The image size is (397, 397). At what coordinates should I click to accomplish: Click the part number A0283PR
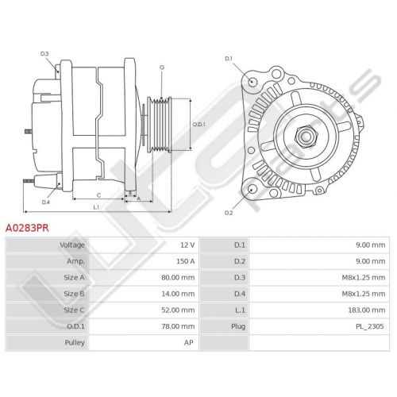coord(27,228)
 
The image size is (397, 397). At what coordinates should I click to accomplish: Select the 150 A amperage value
coord(185,261)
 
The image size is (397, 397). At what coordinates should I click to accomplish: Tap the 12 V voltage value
coord(187,245)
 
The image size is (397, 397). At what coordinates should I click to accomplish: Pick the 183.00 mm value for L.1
coord(367,310)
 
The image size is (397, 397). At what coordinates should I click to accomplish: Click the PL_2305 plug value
coord(370,326)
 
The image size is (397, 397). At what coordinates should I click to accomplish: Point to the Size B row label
coord(74,294)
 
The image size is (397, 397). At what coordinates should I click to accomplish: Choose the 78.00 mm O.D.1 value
coord(178,326)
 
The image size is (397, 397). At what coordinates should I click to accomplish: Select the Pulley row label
coord(75,342)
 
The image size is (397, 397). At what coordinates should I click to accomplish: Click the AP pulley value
coord(189,342)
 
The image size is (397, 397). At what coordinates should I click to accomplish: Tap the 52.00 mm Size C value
coord(178,310)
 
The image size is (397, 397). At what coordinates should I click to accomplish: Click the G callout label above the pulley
coord(162,67)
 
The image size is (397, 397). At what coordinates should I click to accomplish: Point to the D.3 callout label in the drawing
coord(44,54)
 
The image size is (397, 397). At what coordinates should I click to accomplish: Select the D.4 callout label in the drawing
coord(46,202)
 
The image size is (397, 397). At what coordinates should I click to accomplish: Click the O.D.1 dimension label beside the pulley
coord(198,124)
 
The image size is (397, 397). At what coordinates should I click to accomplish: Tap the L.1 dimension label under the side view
coord(96,207)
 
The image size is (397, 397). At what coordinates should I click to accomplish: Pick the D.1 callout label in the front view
coord(229,59)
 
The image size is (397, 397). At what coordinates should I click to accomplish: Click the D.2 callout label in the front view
coord(229,213)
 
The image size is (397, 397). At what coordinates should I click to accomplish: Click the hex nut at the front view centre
coord(306,136)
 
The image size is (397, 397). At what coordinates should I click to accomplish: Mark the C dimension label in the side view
coord(98,195)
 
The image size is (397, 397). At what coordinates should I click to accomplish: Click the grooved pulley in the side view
coord(160,125)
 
